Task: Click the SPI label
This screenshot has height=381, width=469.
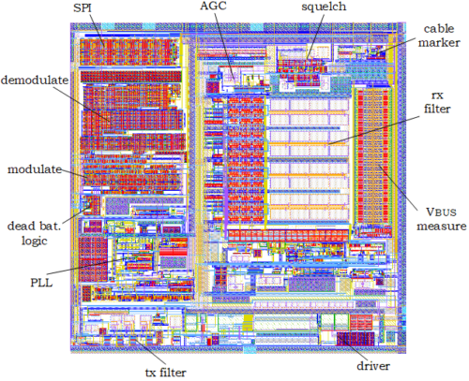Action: point(83,7)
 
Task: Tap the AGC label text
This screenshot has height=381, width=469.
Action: point(213,7)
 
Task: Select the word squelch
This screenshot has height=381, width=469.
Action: point(324,7)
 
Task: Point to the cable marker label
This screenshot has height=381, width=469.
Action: point(439,36)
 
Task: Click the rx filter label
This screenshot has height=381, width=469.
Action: point(437,102)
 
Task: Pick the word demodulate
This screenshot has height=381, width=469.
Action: point(35,81)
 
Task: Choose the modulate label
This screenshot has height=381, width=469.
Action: point(35,169)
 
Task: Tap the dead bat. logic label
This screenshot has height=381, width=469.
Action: point(34,233)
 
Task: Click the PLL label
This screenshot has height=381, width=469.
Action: point(41,283)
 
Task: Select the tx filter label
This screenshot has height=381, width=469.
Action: point(165,373)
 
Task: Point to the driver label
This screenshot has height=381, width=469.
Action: point(373,366)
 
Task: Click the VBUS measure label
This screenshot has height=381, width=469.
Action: point(442,219)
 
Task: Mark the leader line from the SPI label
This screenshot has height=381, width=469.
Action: point(97,31)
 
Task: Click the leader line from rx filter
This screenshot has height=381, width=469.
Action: point(373,130)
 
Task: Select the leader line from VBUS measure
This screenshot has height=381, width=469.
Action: point(399,187)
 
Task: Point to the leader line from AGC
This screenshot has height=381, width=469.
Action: point(224,45)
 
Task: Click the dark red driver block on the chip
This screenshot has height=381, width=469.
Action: point(356,339)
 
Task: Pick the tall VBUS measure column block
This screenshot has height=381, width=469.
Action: point(373,155)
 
